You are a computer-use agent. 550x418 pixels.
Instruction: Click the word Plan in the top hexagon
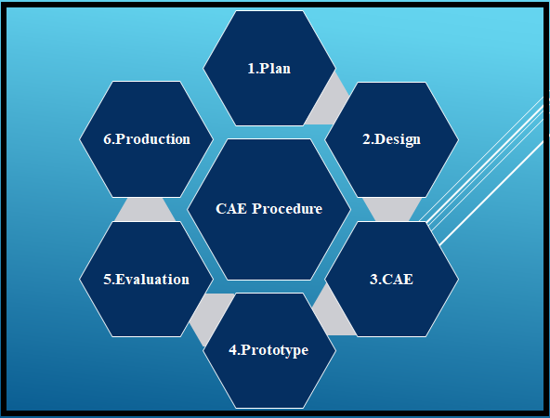pyautogui.click(x=275, y=69)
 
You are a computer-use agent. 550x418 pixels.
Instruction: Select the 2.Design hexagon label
pyautogui.click(x=391, y=139)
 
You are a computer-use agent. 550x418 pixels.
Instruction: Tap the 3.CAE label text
pyautogui.click(x=391, y=280)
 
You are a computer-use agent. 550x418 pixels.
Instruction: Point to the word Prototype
pyautogui.click(x=275, y=350)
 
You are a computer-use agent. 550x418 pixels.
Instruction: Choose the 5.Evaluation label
pyautogui.click(x=146, y=280)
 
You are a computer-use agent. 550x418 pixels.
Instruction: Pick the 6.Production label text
pyautogui.click(x=147, y=138)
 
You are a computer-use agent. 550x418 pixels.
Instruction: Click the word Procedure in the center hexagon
pyautogui.click(x=287, y=209)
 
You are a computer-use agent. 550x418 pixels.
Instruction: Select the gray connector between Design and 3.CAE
pyautogui.click(x=392, y=209)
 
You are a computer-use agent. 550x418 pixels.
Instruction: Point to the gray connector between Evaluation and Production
pyautogui.click(x=145, y=209)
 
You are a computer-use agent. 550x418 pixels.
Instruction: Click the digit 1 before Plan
pyautogui.click(x=251, y=69)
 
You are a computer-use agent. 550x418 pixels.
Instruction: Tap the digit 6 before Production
pyautogui.click(x=107, y=139)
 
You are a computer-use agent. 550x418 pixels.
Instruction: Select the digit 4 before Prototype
pyautogui.click(x=232, y=350)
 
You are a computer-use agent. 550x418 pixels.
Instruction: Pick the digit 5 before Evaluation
pyautogui.click(x=107, y=280)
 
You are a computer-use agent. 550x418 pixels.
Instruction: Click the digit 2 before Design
pyautogui.click(x=366, y=139)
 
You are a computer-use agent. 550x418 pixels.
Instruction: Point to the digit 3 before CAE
pyautogui.click(x=373, y=280)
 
